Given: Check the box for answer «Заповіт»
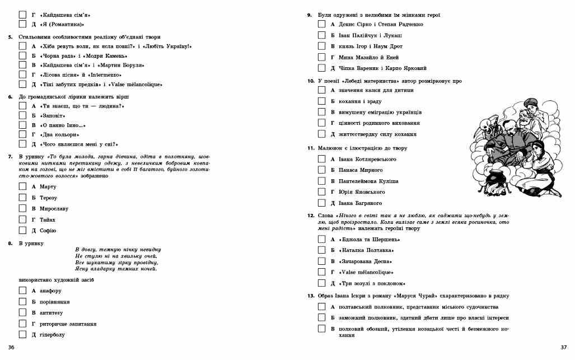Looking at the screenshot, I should tap(22, 115).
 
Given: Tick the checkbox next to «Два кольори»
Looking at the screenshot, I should tap(22, 134).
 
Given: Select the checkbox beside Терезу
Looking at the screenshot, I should tap(22, 198).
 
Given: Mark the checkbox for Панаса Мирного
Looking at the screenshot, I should tap(321, 170).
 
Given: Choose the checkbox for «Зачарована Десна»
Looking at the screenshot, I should tap(321, 261).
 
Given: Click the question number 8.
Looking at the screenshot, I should tap(10, 244).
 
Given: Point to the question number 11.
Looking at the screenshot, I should tap(310, 148).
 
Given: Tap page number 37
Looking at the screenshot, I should tap(563, 348).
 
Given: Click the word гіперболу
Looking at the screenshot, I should tap(52, 335).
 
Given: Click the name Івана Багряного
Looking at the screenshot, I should tap(360, 203).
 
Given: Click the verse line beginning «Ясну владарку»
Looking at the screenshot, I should tap(116, 270).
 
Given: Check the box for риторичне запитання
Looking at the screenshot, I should tap(22, 324).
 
